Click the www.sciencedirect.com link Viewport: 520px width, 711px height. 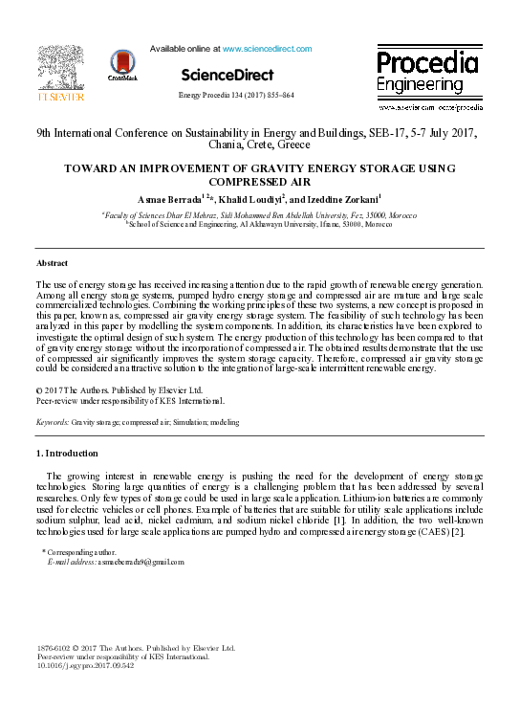[x=267, y=48]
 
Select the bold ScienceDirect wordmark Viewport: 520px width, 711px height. [x=227, y=75]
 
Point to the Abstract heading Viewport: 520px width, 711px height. [x=52, y=262]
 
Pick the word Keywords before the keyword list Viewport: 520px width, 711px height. [x=52, y=421]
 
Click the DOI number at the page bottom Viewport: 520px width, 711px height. [x=72, y=666]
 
